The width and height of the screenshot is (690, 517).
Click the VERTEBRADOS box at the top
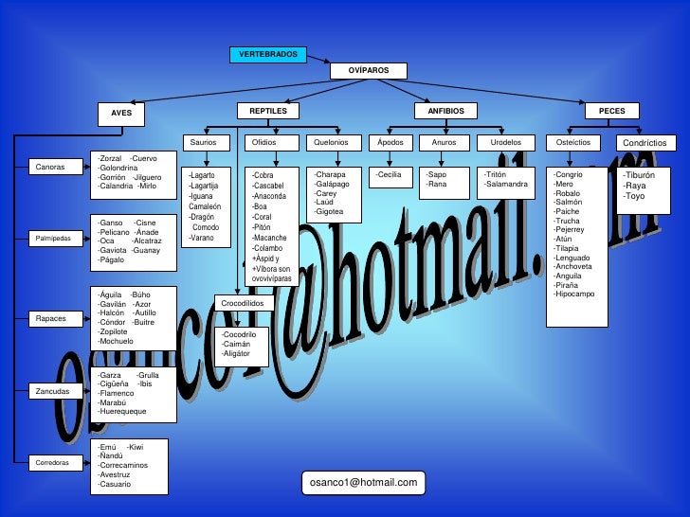point(267,54)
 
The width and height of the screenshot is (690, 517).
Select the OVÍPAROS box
point(369,71)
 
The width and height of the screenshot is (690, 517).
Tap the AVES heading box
point(121,114)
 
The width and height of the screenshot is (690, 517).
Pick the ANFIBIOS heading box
point(432,112)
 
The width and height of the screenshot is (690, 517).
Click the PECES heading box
point(611,112)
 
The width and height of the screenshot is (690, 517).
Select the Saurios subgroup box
point(204,142)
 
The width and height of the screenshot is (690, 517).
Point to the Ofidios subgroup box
point(263,142)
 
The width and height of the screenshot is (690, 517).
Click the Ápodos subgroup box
point(390,142)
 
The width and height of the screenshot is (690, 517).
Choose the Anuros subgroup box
point(444,142)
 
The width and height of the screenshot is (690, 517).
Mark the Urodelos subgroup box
point(505,142)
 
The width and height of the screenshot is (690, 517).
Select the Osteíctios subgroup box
point(573,142)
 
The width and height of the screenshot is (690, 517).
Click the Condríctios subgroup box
point(645,143)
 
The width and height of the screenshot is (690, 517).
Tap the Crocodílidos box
point(245,303)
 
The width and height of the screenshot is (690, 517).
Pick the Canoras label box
point(50,167)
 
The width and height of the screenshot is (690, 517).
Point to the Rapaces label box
point(51,318)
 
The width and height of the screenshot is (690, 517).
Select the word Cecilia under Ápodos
point(390,175)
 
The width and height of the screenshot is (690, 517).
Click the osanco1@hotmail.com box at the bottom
point(363,483)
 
